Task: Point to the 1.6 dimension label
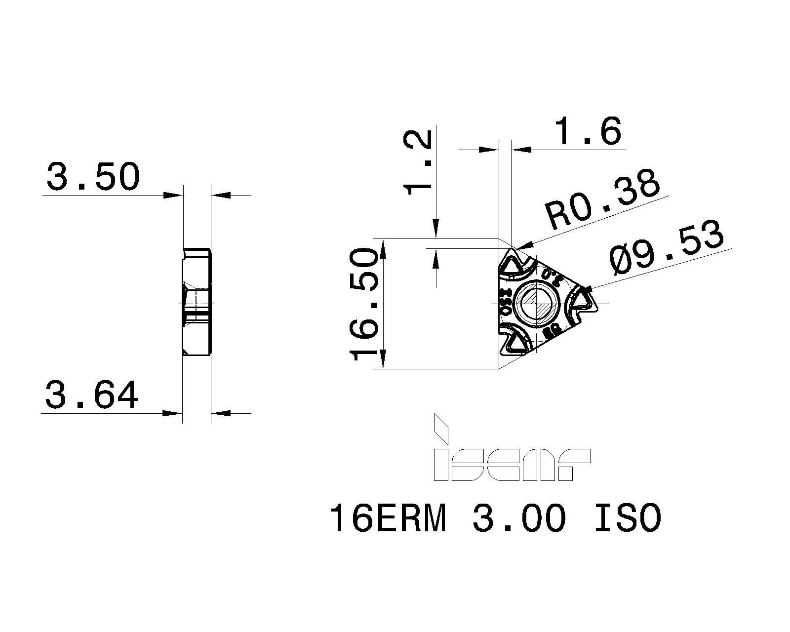pos(588,132)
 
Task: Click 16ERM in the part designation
pos(388,519)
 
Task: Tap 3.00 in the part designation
pos(517,519)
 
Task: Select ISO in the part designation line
pos(627,519)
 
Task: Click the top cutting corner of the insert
pos(511,265)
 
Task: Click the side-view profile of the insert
pos(197,302)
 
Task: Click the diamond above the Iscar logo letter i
pos(440,429)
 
